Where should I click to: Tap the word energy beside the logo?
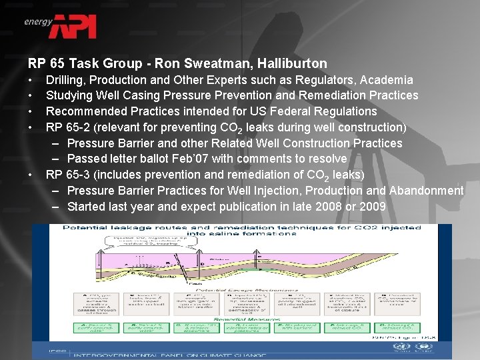click(38, 21)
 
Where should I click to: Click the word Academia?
click(387, 80)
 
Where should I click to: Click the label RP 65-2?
click(67, 127)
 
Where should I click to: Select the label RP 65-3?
click(67, 175)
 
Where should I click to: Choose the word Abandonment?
click(426, 191)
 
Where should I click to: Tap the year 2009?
click(372, 207)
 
